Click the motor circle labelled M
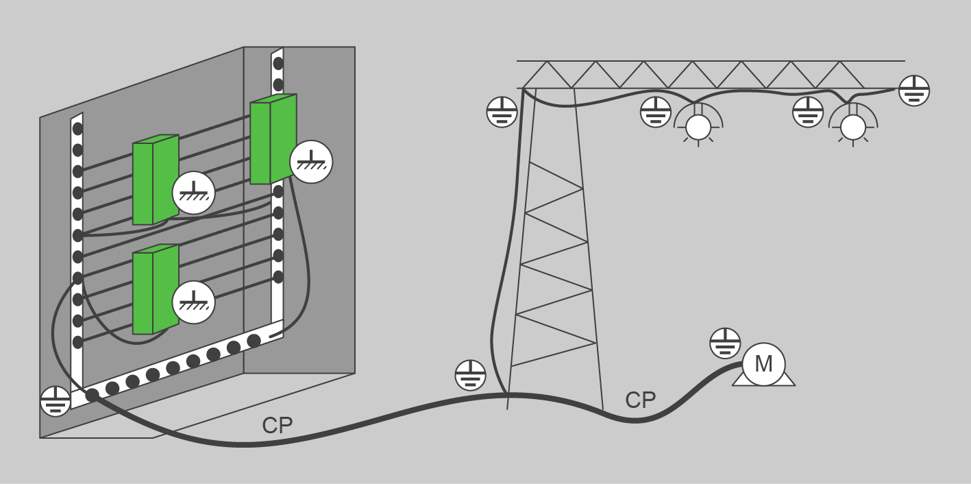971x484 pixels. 763,364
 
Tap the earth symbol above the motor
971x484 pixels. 724,343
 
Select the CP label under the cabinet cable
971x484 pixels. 277,426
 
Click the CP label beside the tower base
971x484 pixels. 641,400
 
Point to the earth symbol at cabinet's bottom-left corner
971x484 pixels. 56,401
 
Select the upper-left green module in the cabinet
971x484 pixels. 155,180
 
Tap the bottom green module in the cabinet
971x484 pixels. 155,290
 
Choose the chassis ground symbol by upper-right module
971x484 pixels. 311,162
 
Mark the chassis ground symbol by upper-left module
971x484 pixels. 193,193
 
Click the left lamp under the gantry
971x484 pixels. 699,126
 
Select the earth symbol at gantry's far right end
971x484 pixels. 913,90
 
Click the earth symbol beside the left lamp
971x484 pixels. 656,112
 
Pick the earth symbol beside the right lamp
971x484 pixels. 808,112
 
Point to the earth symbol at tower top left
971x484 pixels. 502,112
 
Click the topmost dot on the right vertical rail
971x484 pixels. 278,64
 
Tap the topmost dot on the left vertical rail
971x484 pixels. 77,128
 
